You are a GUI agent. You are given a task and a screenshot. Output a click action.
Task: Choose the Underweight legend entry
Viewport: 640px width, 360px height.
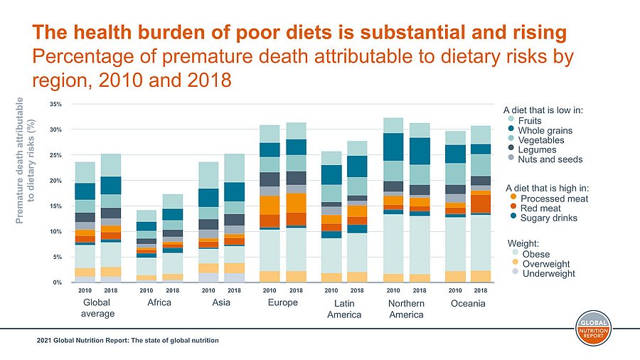tap(548, 273)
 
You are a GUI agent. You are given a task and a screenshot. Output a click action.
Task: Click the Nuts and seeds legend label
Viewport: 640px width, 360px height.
tap(551, 159)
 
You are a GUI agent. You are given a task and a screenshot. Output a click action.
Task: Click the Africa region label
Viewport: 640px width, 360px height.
tap(159, 304)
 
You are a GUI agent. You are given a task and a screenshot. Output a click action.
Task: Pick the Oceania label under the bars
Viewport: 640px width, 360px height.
tap(468, 304)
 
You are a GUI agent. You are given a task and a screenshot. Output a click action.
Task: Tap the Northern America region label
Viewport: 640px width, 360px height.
tap(406, 309)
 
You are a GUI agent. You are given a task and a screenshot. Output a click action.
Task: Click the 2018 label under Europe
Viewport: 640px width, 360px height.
tap(295, 291)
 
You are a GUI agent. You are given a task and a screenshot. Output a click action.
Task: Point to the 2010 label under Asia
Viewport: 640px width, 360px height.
tap(208, 291)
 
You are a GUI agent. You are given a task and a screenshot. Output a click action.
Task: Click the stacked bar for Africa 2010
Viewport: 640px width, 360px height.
tap(146, 246)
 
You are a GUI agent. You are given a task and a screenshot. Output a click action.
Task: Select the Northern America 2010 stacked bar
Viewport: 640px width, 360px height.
tap(393, 200)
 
